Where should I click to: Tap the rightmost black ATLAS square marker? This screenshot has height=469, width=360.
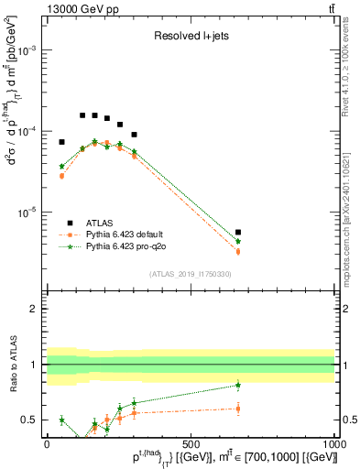[x=238, y=233]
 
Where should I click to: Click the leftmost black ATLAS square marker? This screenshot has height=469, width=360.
[x=61, y=142]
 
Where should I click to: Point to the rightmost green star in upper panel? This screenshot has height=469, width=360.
[x=238, y=241]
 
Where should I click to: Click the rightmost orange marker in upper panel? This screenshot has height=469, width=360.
[x=238, y=251]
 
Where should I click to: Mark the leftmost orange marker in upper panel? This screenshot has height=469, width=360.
[x=61, y=176]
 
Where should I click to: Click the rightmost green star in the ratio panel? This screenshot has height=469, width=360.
[x=238, y=385]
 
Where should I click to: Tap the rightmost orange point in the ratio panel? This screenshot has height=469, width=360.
[x=238, y=409]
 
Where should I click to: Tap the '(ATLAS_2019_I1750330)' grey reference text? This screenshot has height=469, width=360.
[x=191, y=274]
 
